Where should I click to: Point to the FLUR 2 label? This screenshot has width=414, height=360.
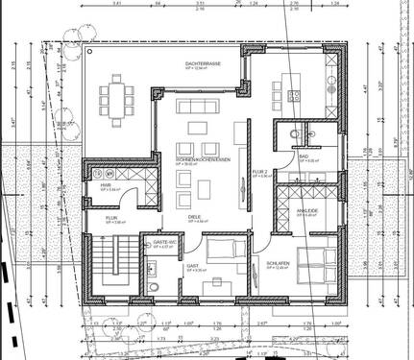(259, 173)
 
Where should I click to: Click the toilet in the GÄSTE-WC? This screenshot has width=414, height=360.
(154, 286)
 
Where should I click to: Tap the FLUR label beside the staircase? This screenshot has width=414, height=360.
(111, 219)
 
